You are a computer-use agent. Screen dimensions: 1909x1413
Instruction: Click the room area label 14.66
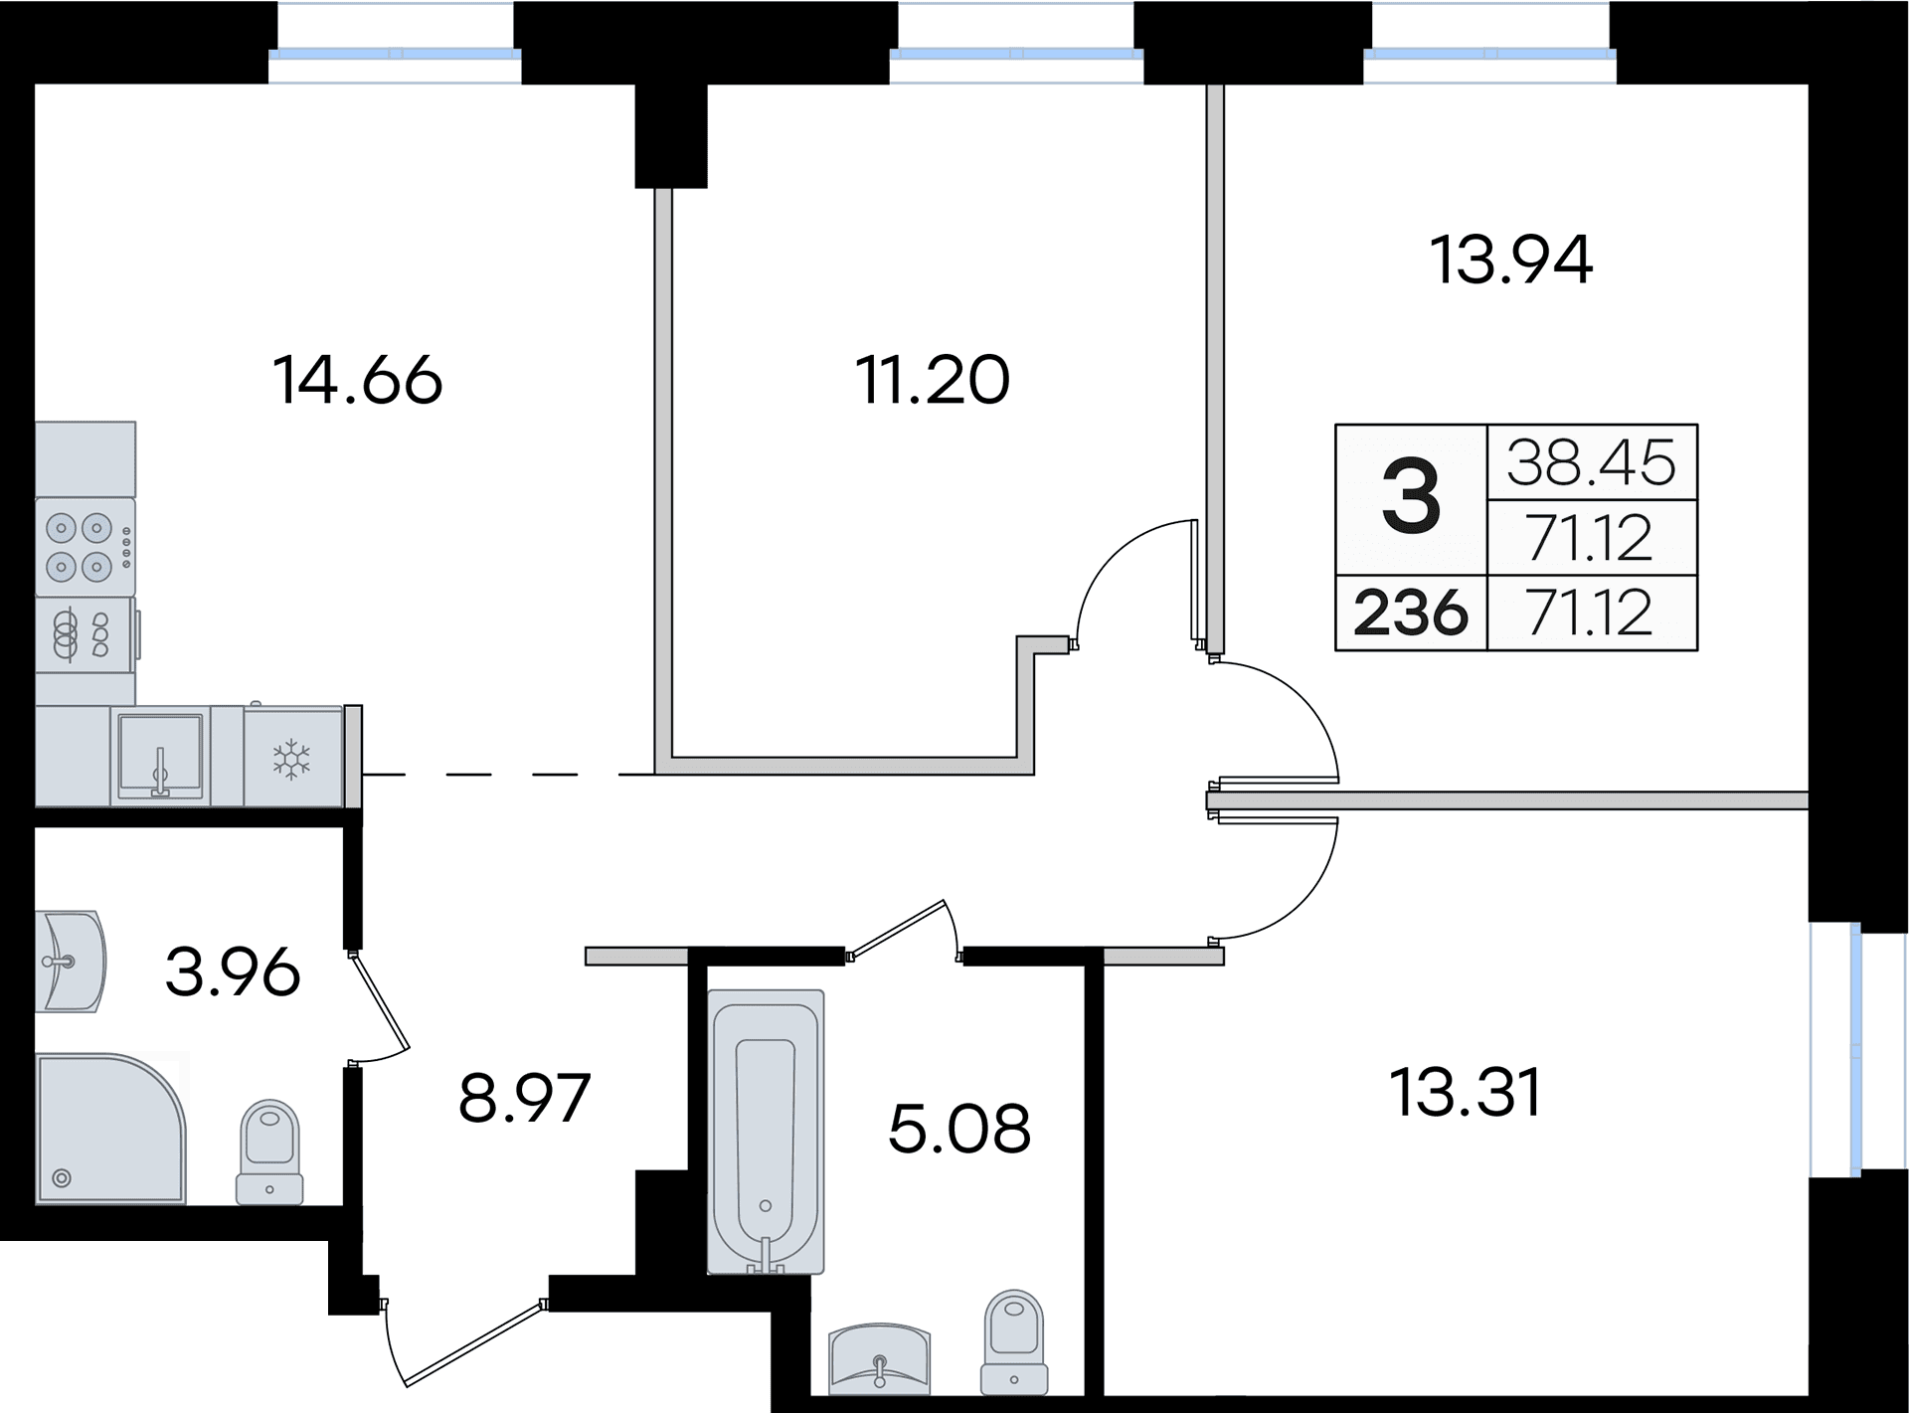357,380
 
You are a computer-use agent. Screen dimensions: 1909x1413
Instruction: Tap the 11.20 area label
933,380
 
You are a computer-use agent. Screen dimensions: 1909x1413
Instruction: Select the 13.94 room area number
1511,260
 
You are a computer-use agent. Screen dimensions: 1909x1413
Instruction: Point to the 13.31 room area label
1466,1092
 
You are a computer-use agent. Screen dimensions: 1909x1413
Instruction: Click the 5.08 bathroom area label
959,1129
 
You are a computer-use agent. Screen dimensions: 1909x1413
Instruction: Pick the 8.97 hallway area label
524,1097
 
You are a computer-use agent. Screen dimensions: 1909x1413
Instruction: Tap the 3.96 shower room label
233,971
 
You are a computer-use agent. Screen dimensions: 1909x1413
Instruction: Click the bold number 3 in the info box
1411,499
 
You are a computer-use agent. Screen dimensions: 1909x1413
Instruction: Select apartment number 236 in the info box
1411,613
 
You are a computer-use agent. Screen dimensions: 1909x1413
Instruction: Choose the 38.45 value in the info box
1592,462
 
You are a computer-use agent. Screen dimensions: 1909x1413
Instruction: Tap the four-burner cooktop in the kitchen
85,546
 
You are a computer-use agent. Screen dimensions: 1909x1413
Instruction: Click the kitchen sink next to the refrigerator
160,756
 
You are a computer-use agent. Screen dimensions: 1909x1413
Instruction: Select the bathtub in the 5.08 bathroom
766,1132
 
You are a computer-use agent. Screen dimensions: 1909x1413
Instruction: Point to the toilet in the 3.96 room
269,1151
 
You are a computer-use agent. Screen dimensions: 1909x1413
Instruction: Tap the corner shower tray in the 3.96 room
110,1129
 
